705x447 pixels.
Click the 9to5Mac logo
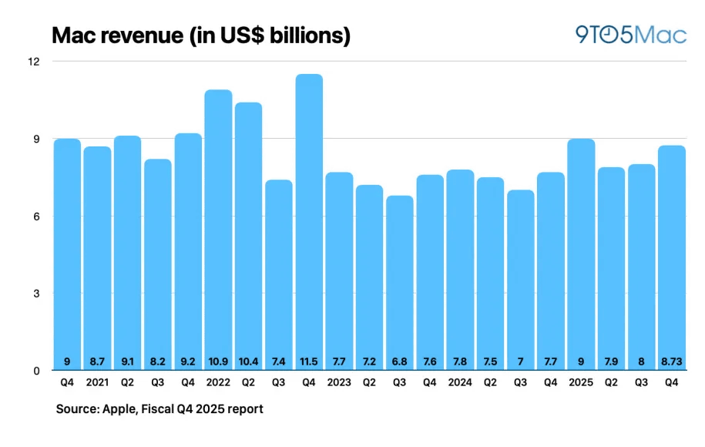tap(630, 35)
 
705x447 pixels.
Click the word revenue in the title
tap(132, 35)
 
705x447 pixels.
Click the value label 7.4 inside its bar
tap(279, 359)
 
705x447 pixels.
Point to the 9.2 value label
tap(188, 359)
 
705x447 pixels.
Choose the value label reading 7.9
tap(611, 359)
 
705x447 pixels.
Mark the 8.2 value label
tap(158, 359)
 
